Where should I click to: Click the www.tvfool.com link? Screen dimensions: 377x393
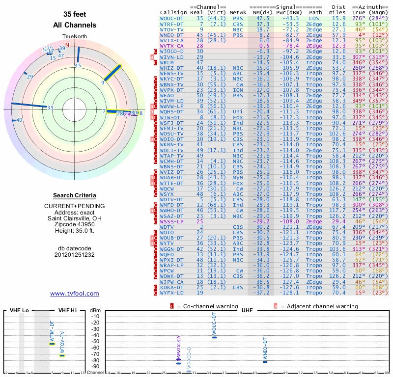pyautogui.click(x=75, y=294)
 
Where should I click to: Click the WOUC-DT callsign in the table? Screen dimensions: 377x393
pyautogui.click(x=172, y=18)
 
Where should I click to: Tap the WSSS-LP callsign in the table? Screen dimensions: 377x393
pyautogui.click(x=172, y=221)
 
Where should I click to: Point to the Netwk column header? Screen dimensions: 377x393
pyautogui.click(x=238, y=12)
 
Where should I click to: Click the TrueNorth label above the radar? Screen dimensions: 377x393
pyautogui.click(x=75, y=37)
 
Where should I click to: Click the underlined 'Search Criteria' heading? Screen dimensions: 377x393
pyautogui.click(x=75, y=195)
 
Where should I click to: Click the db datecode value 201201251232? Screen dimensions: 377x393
pyautogui.click(x=75, y=254)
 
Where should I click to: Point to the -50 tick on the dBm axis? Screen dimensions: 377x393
pyautogui.click(x=95, y=341)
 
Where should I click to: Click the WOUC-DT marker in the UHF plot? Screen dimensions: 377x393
pyautogui.click(x=214, y=337)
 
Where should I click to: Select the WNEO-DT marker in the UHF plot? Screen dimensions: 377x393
pyautogui.click(x=265, y=362)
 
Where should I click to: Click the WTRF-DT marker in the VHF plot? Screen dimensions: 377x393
pyautogui.click(x=52, y=344)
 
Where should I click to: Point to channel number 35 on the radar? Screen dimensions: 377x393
pyautogui.click(x=50, y=107)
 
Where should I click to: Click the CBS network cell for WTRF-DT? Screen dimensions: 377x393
pyautogui.click(x=238, y=24)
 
